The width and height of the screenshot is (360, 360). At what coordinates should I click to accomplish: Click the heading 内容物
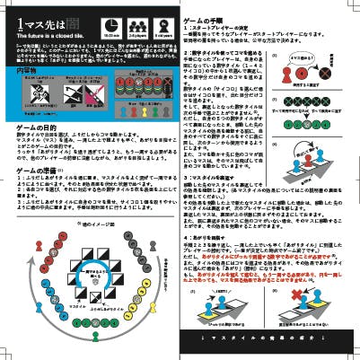[27, 68]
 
